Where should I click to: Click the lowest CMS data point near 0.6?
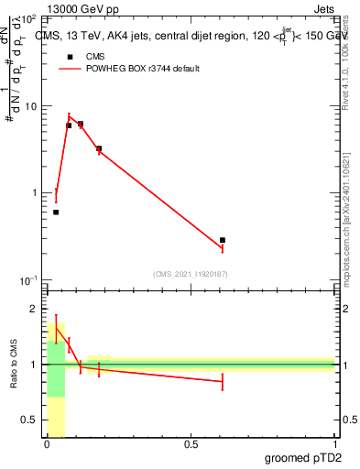point(223,240)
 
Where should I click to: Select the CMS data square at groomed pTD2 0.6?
point(223,240)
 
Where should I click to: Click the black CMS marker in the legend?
point(69,57)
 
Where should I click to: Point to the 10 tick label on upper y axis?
point(30,106)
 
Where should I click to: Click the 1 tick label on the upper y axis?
point(34,193)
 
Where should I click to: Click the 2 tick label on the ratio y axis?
point(34,309)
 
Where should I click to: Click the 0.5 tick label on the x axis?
point(191,445)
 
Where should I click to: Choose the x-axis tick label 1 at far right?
point(334,445)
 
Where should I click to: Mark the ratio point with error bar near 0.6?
point(223,381)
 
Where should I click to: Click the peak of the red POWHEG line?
point(69,115)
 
